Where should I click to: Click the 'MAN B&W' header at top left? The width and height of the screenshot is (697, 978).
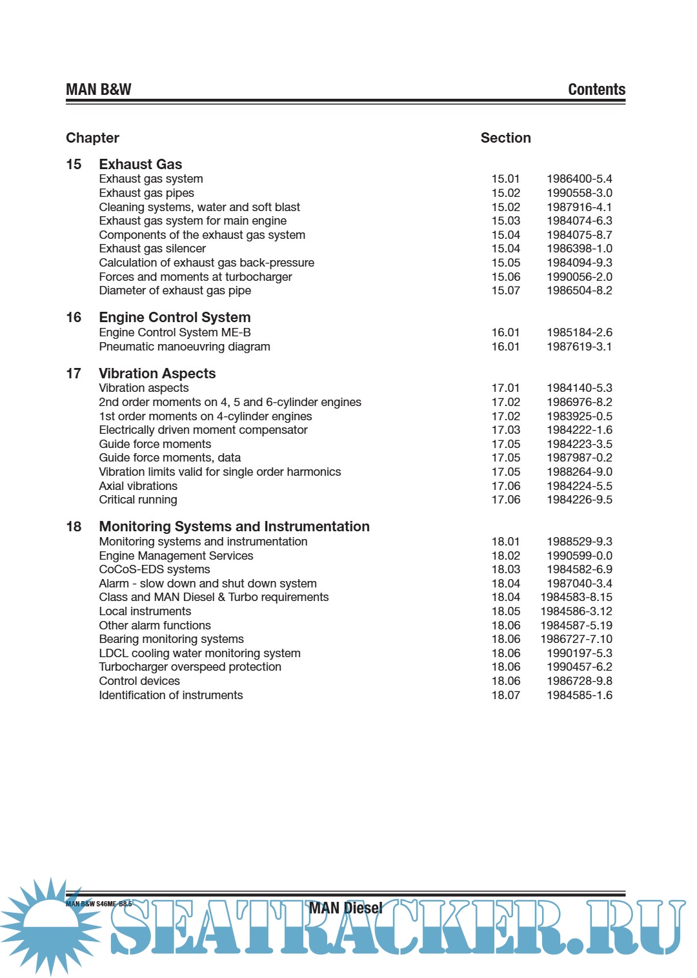point(98,90)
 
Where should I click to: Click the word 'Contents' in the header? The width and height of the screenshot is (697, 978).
point(596,90)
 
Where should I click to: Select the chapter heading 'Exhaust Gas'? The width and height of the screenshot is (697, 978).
point(140,165)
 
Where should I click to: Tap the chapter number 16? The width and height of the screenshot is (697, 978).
point(74,318)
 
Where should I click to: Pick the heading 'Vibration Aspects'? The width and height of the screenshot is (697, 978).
point(157,374)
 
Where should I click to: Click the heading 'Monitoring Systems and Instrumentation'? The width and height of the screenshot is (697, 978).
point(234,527)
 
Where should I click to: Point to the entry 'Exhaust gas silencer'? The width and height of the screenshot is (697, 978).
point(152,249)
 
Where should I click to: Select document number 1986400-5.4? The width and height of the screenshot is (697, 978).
point(579,179)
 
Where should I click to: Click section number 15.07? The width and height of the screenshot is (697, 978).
point(505,290)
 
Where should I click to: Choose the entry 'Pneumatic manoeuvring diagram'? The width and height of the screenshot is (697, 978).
point(184,347)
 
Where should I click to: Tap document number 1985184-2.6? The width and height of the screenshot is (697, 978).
point(579,332)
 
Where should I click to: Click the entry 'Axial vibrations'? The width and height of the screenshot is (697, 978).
point(137,486)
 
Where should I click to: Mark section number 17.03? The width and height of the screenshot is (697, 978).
point(505,430)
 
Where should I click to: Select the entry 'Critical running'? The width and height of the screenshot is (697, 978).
point(137,500)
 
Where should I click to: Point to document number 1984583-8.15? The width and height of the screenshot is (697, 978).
point(576,597)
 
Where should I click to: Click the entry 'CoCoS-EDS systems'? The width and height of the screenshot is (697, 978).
point(154,569)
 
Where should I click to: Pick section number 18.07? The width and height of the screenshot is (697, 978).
point(505,695)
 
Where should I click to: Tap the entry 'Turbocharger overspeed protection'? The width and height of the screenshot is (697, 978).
point(190,667)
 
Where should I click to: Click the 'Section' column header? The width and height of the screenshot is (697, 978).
point(505,138)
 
